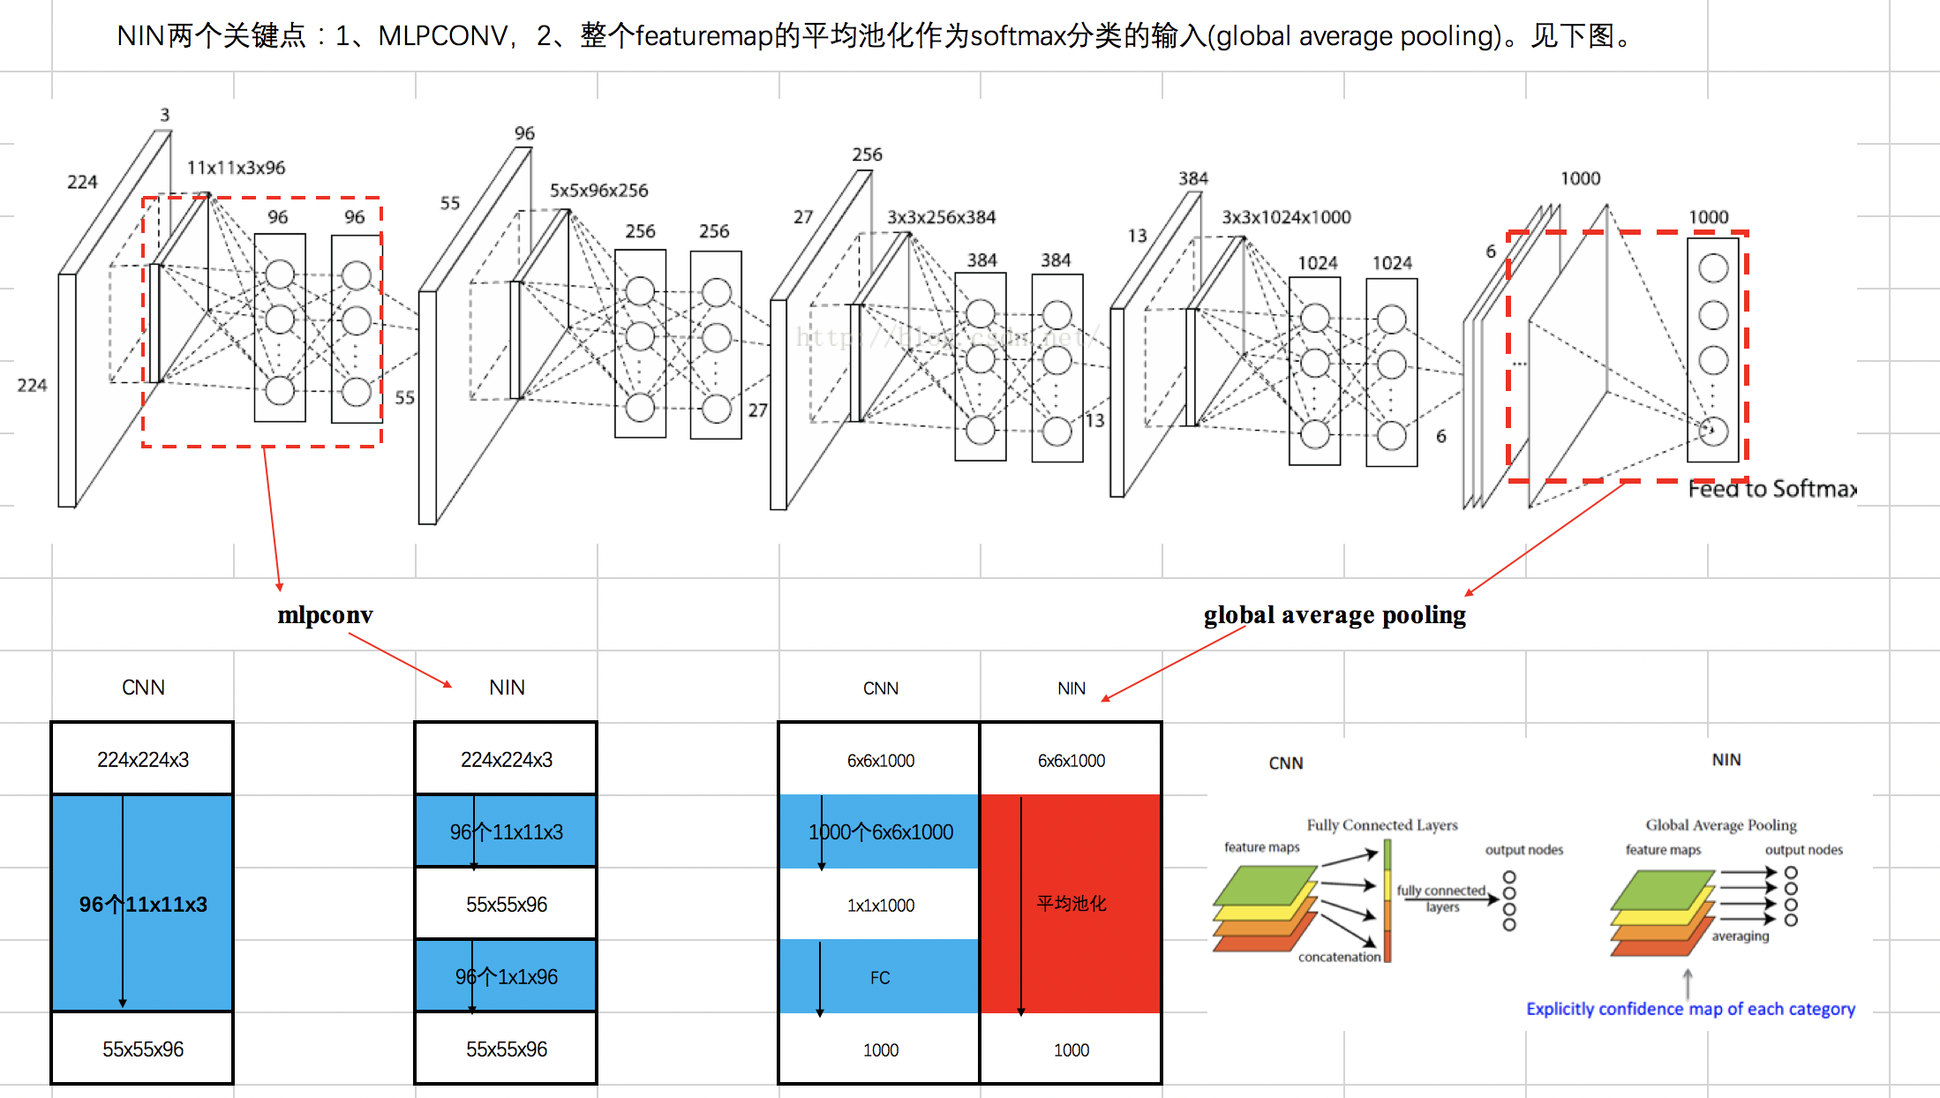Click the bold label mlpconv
click(325, 615)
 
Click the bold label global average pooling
click(1334, 615)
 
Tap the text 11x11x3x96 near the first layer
click(236, 168)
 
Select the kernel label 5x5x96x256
click(598, 191)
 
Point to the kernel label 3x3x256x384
click(941, 217)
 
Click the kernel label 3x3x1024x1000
click(1286, 217)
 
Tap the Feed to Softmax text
click(1771, 489)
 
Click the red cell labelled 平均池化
click(1071, 903)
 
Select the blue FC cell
click(879, 977)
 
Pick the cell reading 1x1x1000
click(880, 905)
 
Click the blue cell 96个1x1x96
click(506, 976)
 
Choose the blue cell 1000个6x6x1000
click(880, 831)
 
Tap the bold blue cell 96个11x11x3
click(143, 904)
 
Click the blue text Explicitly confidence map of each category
click(1689, 1009)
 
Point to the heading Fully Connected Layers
click(1381, 824)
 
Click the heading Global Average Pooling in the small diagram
click(1720, 824)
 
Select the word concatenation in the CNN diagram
click(1338, 957)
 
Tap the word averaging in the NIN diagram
click(1740, 936)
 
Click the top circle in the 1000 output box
click(1712, 268)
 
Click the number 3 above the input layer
click(165, 115)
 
